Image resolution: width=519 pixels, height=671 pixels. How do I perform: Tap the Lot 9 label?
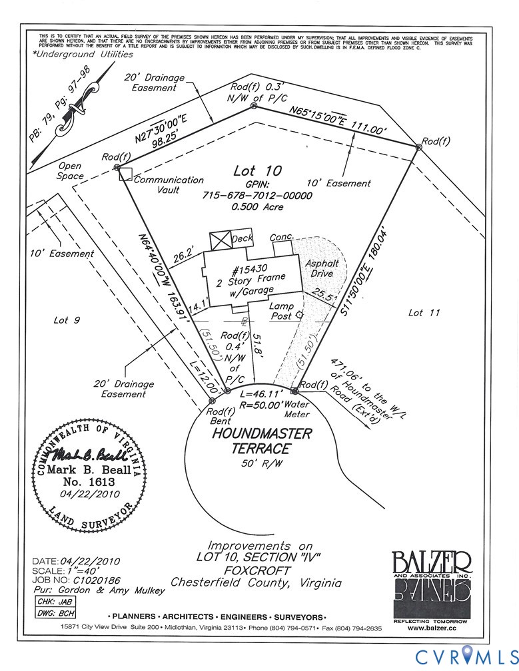click(67, 320)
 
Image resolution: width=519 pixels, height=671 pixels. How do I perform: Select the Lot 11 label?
click(424, 312)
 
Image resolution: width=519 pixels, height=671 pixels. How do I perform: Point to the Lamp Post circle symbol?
click(299, 314)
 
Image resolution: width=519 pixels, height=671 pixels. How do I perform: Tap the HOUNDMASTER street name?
click(262, 433)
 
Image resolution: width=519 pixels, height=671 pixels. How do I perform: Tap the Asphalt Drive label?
click(322, 268)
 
